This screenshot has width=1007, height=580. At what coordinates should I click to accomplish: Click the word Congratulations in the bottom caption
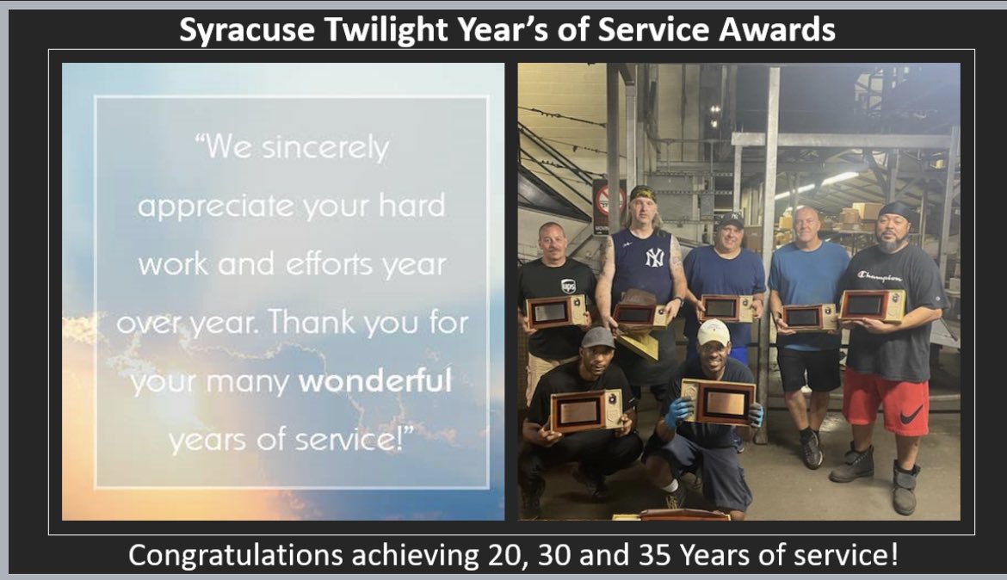[x=234, y=555]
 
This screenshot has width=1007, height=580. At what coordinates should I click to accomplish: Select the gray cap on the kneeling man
[x=597, y=336]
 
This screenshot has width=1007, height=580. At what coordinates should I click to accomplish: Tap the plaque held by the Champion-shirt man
[x=871, y=306]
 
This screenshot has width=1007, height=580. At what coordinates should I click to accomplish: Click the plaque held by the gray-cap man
[x=586, y=410]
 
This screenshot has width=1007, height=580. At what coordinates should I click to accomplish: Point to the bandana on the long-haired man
[x=641, y=192]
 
